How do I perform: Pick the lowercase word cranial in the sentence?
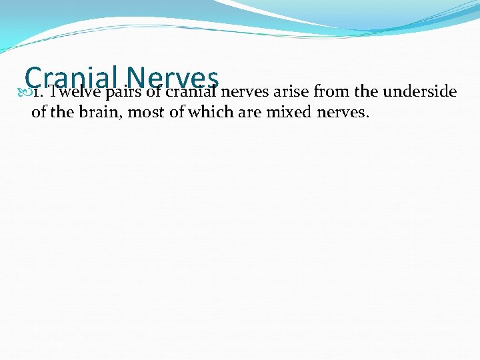click(x=191, y=91)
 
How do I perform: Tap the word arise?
click(x=292, y=91)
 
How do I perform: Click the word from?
click(x=331, y=91)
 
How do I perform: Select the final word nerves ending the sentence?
click(x=343, y=113)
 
